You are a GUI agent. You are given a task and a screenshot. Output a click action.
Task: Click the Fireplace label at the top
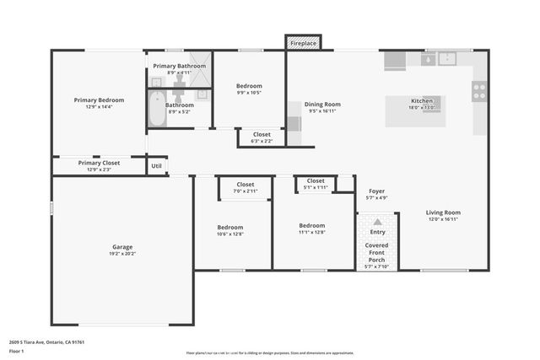303,42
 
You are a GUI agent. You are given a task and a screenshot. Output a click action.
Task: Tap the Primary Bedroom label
99,99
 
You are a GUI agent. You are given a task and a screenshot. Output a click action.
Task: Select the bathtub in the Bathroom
156,110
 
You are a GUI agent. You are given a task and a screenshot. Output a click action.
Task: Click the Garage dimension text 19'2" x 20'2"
122,253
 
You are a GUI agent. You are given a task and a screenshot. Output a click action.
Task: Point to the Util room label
156,166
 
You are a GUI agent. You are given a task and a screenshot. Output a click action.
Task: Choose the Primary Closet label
100,163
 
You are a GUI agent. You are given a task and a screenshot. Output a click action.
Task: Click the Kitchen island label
421,101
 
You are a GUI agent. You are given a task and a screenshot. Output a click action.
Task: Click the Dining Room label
321,105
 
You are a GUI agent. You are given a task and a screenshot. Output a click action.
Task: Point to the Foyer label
376,191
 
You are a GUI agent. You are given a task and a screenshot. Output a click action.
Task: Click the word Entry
377,232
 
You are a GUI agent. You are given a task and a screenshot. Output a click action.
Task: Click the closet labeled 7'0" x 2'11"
245,188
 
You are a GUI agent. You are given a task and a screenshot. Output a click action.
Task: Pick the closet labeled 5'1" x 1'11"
316,184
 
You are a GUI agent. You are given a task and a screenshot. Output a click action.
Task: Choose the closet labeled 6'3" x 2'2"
262,137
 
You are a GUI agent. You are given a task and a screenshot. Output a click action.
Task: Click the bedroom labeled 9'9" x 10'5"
249,89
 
